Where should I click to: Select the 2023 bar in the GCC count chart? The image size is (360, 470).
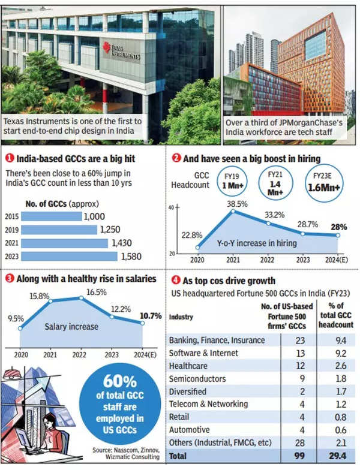pos(69,256)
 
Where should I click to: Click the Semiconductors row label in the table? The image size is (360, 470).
pos(196,378)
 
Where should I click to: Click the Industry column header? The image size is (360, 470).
pos(182,317)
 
